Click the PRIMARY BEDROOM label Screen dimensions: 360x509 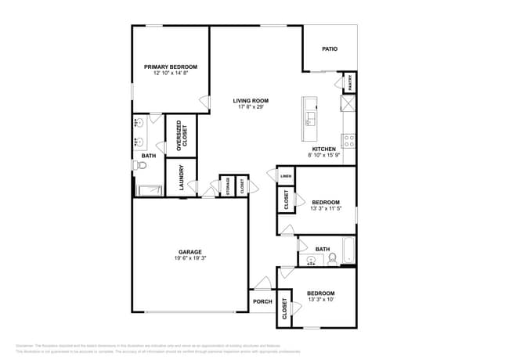170,67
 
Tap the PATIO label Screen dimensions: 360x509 330,49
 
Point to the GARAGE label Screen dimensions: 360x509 190,252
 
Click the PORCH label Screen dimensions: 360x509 262,301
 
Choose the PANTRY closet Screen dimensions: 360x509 348,82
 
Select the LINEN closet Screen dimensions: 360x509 286,177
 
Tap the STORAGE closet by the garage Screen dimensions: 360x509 228,186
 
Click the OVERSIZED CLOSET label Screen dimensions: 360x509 181,135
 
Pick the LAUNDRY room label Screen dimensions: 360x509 181,177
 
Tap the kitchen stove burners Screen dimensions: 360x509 348,142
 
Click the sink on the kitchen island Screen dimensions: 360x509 310,118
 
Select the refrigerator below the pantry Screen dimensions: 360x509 348,104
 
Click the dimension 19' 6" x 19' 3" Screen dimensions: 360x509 190,257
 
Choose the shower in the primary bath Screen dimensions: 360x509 149,189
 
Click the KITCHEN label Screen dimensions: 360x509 324,149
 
